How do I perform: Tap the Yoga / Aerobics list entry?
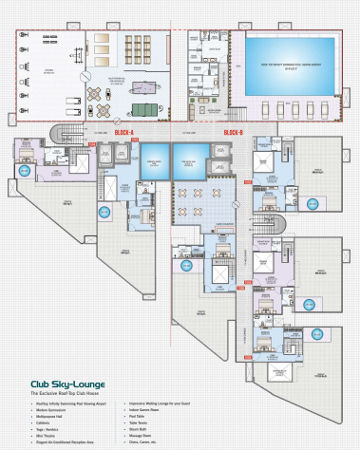50,428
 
